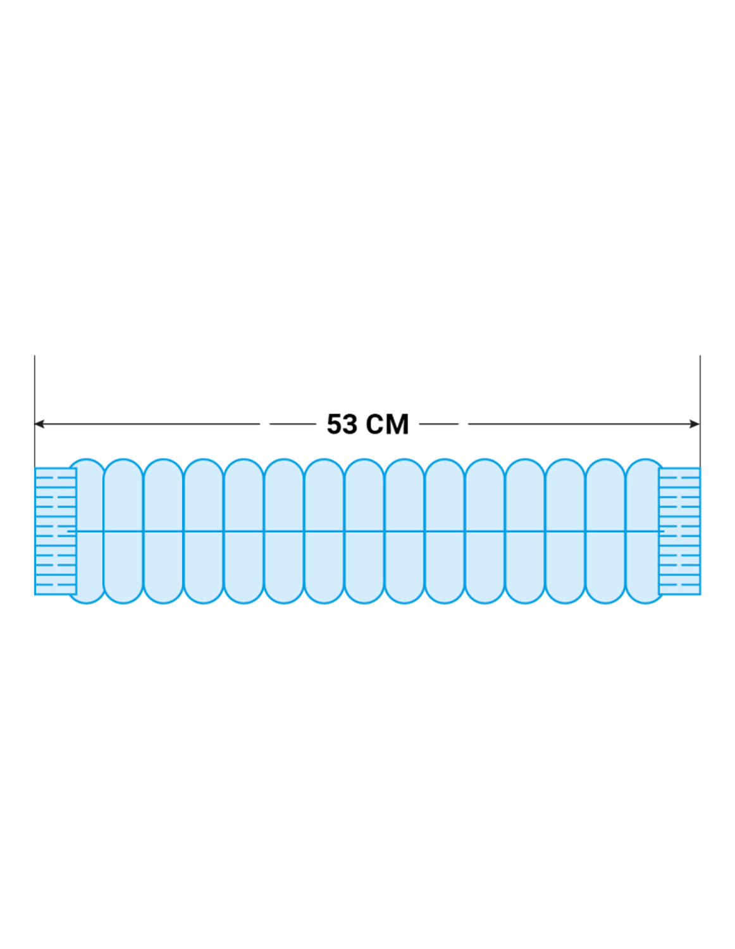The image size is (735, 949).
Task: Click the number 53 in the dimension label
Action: tap(342, 424)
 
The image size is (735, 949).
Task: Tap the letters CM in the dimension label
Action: tap(387, 424)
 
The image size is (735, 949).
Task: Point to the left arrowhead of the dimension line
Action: tap(39, 424)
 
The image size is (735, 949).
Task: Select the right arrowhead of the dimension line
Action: tap(695, 424)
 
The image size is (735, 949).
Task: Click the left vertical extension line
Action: tap(35, 411)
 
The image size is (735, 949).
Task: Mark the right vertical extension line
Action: tap(700, 411)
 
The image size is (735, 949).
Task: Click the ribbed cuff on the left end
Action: tap(56, 531)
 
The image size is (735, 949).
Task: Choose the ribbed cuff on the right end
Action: tap(679, 531)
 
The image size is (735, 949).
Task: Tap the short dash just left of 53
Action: tap(292, 424)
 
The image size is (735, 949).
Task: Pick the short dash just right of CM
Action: tap(438, 424)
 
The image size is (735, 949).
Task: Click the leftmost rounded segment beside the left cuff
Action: tap(90, 531)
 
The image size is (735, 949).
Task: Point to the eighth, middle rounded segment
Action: tap(364, 531)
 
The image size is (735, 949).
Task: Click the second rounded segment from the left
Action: tap(123, 531)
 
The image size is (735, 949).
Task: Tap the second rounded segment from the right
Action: tap(605, 531)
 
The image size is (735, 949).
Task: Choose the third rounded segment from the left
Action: tap(164, 531)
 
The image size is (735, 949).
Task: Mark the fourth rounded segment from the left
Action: tap(204, 531)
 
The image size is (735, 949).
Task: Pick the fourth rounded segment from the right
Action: tap(525, 531)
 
